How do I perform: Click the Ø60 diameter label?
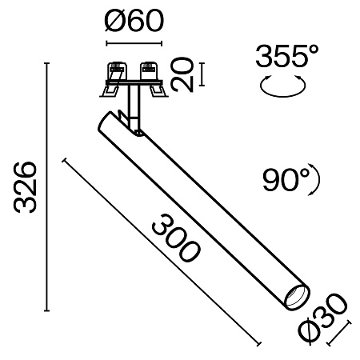click(134, 18)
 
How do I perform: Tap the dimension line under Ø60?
click(134, 41)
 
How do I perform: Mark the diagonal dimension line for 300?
click(160, 251)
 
